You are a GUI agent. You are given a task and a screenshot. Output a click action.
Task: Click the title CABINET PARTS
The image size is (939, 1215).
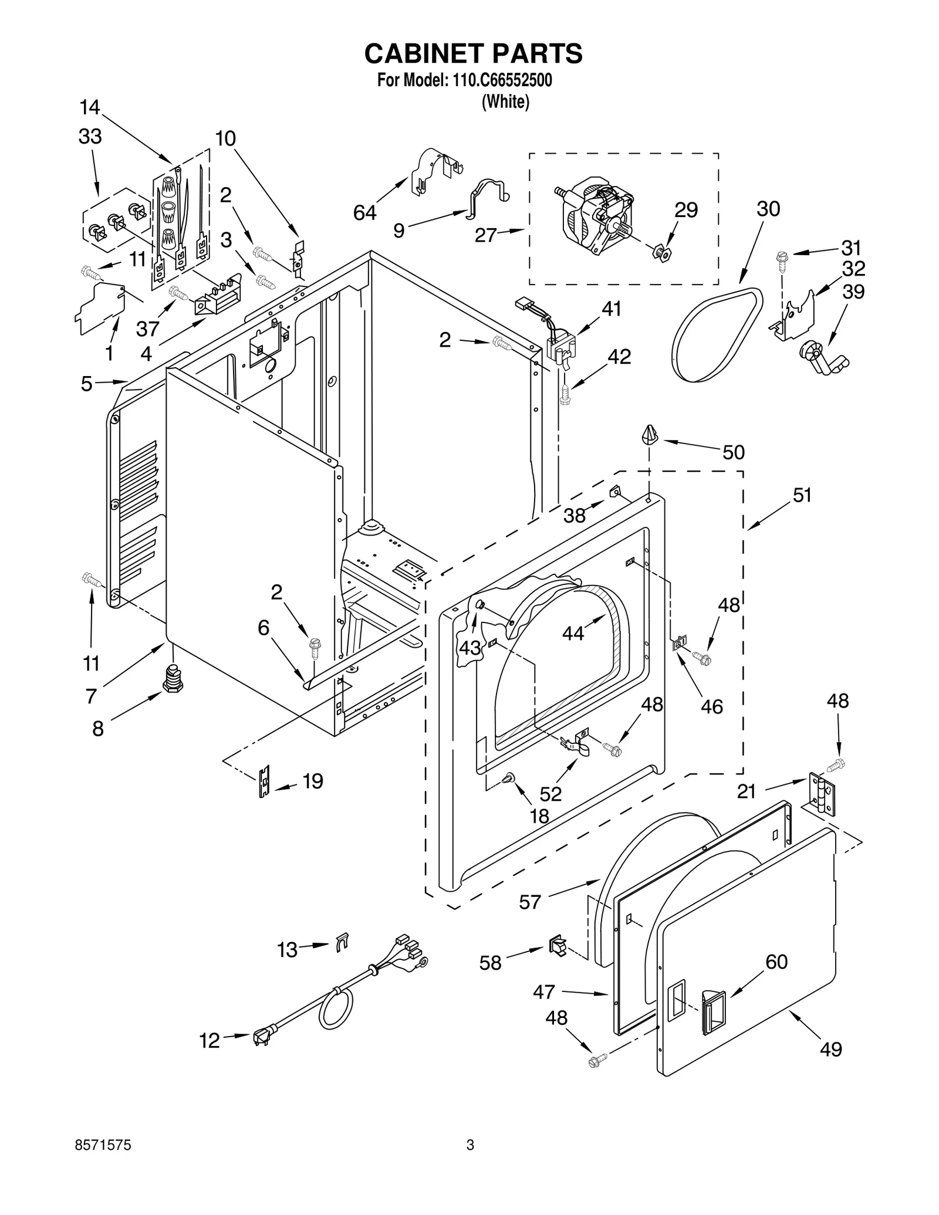(473, 53)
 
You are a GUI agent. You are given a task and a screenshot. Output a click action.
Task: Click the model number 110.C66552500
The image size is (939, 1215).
(502, 80)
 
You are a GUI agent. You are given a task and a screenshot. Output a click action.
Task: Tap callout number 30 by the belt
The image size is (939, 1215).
(768, 209)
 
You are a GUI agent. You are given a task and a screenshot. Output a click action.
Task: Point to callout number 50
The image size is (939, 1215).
(733, 452)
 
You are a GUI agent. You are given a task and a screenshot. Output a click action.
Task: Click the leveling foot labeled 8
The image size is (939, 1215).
(172, 679)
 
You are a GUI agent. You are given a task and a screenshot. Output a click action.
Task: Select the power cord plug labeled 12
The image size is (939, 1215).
(262, 1035)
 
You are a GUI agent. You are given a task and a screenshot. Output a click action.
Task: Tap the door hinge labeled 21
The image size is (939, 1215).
(822, 793)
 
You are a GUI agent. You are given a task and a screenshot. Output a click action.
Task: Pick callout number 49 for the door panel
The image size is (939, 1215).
(830, 1048)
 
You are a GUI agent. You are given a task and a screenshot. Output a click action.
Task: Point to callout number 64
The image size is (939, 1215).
(364, 212)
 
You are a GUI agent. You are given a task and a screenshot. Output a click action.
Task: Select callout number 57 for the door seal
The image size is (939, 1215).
(529, 902)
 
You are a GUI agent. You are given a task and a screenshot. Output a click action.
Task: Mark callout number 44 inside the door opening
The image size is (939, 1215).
(573, 633)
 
